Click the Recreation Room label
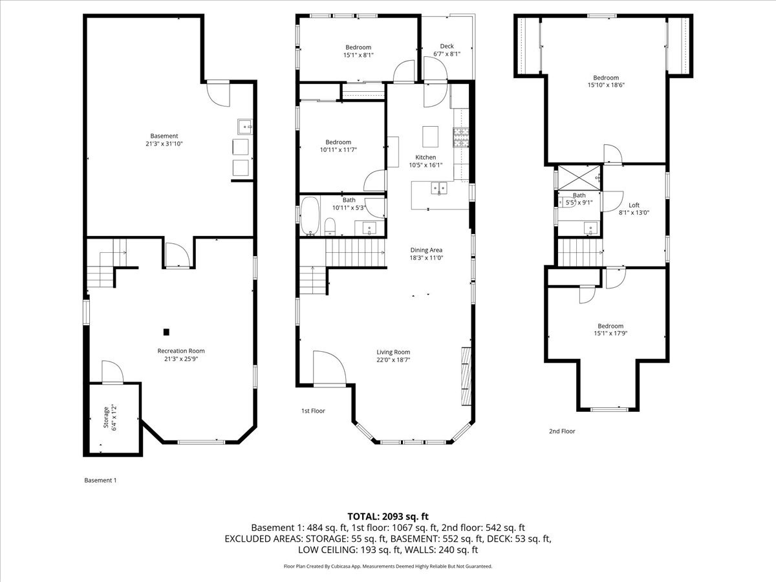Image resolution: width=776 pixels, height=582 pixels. coord(181,350)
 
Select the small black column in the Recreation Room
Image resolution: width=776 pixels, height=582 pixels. coord(167,332)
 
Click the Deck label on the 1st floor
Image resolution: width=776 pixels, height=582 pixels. coord(447,46)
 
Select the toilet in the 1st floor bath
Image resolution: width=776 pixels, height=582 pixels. coord(330,226)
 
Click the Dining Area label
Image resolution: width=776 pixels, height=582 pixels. coord(426,250)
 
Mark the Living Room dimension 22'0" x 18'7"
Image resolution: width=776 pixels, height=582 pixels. coord(394,360)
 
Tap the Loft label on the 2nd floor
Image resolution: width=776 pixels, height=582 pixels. coord(634,205)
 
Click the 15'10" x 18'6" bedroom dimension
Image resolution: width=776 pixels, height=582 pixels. coord(606,85)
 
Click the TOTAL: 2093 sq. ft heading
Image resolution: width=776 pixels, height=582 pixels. coord(388,516)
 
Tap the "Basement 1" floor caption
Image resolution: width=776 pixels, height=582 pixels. coord(100,480)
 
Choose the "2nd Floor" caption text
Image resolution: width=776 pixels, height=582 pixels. coord(562,431)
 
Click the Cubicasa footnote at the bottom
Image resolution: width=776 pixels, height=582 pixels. coord(388,566)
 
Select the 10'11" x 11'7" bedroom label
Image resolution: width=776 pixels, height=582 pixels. coord(338,142)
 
